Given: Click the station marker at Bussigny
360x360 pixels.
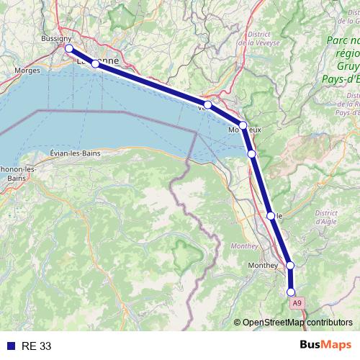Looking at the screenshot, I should [69, 48].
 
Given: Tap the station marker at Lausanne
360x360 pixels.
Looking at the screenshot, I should [95, 63].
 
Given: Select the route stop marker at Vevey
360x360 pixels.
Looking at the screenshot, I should [208, 105].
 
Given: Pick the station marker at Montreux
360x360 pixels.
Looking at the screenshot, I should [243, 125].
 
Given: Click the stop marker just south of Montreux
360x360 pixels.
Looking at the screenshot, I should [251, 153].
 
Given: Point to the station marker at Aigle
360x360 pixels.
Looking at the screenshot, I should [271, 215].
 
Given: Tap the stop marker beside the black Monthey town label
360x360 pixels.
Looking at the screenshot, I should [290, 266].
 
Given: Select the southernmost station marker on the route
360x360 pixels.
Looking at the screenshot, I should [291, 292].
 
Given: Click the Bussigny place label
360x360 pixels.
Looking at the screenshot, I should [55, 38].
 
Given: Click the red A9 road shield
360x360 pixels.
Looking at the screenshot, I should [297, 304].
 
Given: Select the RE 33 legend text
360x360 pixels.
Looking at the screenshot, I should [37, 346].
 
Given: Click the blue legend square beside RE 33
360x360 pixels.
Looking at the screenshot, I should [10, 346].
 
